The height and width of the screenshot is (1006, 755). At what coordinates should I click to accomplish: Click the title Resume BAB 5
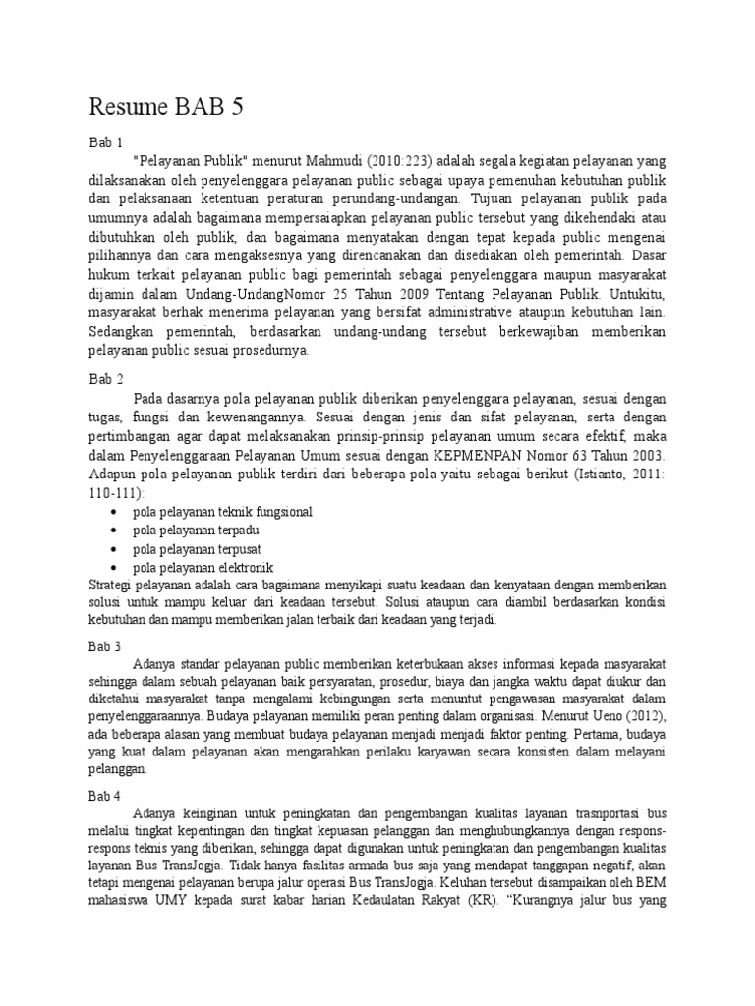[166, 107]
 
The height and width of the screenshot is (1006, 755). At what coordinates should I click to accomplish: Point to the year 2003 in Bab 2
[644, 456]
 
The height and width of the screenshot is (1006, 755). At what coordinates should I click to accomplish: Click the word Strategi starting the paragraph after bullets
[110, 586]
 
